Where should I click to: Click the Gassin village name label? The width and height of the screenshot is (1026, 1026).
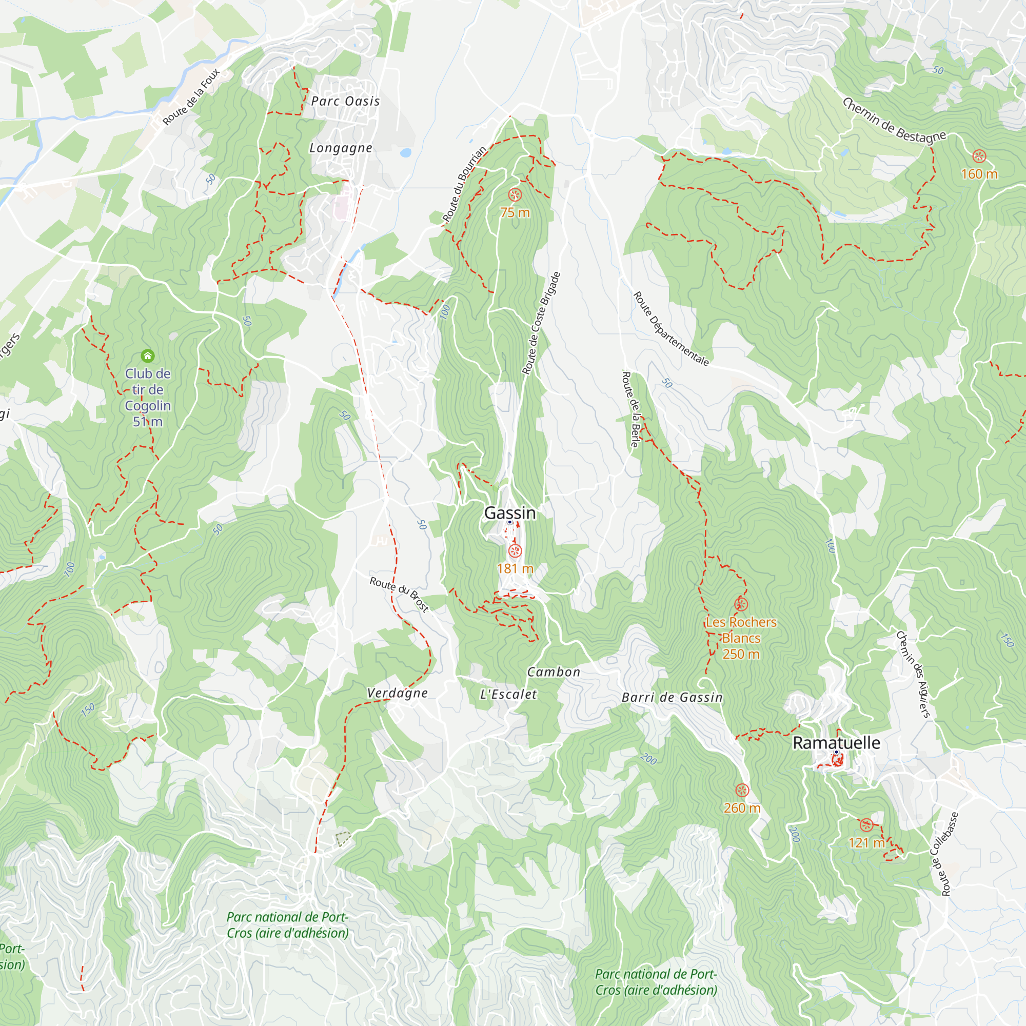coord(510,513)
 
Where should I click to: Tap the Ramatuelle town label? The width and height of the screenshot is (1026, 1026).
coord(836,743)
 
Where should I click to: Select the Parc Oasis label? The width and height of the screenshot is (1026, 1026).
coord(345,101)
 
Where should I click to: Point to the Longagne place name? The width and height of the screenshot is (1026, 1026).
coord(341,148)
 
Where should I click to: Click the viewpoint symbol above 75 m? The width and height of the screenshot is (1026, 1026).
coord(514,194)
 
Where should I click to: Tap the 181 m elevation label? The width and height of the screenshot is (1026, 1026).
coord(515,569)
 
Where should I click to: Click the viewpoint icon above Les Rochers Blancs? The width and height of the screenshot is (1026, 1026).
coord(741,604)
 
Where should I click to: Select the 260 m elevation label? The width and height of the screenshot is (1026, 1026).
coord(742,808)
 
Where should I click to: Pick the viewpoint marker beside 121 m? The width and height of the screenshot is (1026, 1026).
coord(866,825)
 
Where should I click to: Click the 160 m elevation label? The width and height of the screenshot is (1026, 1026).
coord(979,174)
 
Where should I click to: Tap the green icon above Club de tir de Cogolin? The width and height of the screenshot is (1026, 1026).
coord(148,356)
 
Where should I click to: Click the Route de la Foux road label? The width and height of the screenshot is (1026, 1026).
coord(191,96)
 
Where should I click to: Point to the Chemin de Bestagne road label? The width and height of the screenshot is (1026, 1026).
coord(894,121)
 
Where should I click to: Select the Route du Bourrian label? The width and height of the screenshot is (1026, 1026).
coord(464,184)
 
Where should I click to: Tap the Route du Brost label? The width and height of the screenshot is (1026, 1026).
coord(399,594)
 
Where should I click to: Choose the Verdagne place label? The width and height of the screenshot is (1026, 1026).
coord(397,693)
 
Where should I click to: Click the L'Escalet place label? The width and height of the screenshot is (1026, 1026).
coord(508,695)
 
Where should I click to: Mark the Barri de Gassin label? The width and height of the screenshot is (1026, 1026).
coord(672,698)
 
